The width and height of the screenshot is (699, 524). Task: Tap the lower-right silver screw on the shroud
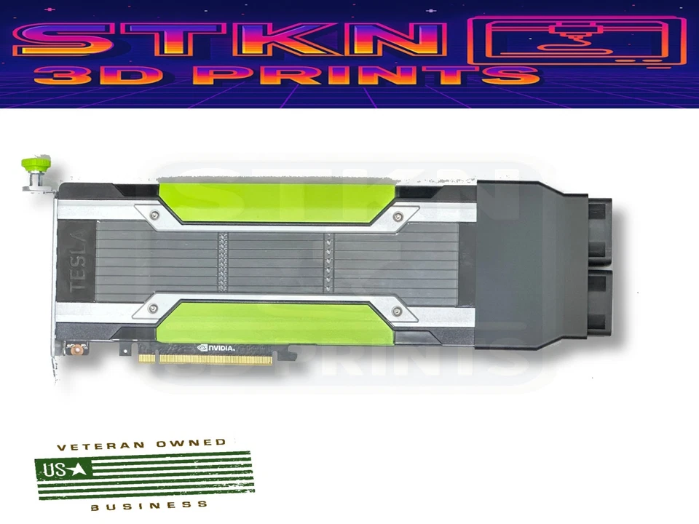click(x=396, y=311)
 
